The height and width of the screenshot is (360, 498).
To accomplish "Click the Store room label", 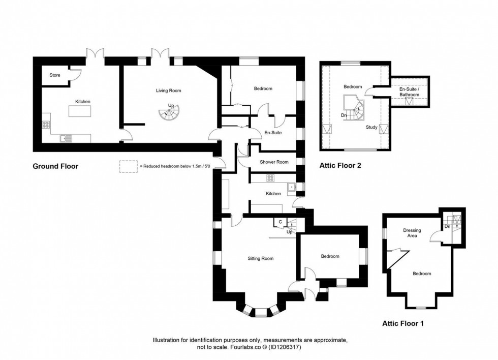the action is point(55,75).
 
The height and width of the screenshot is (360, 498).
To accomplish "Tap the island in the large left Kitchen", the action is point(80,111).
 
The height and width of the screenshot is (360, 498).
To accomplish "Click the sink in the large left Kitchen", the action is point(66,138).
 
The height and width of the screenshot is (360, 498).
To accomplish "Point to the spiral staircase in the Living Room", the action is point(169,112).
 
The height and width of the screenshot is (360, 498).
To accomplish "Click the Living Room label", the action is point(168,91).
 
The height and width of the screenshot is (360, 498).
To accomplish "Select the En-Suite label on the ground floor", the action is point(273,133).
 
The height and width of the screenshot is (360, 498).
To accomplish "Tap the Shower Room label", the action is point(274,162).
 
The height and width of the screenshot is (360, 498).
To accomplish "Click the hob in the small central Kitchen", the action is point(270,178).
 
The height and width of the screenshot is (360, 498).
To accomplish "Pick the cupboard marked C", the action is point(281,222).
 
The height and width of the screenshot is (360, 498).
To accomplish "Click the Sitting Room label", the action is point(260,258).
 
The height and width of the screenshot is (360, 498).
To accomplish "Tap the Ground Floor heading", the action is point(55,166).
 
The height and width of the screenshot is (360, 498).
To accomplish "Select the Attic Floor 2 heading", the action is point(340,166).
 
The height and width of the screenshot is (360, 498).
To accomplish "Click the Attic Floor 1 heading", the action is point(402,324).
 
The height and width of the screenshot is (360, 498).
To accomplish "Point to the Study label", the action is point(371,127).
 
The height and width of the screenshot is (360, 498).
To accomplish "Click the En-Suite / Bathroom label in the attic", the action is point(410,92).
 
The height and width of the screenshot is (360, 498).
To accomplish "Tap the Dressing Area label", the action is point(412,233).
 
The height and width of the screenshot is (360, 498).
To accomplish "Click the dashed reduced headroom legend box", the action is point(129,166).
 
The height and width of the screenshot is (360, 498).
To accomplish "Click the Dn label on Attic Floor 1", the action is point(448,227).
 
